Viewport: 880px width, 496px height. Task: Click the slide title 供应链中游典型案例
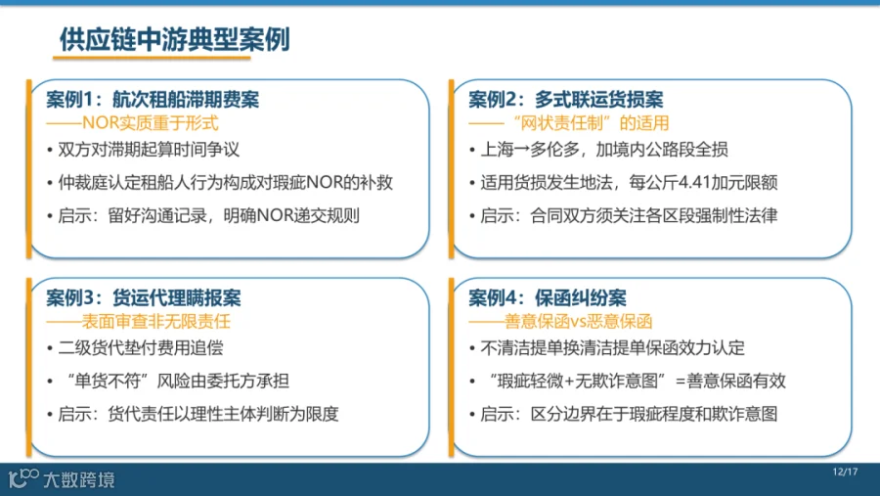click(175, 39)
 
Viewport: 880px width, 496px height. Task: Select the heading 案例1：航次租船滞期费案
click(153, 100)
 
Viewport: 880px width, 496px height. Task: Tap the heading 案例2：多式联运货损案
click(566, 100)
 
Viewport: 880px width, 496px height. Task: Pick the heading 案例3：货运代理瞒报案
click(144, 297)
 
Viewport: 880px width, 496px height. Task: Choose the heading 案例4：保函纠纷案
click(548, 297)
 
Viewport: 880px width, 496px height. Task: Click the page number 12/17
click(845, 472)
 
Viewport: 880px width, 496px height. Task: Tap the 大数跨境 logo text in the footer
click(79, 479)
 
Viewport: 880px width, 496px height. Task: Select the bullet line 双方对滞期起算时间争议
click(149, 150)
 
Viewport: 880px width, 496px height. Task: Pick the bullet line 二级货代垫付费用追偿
click(141, 347)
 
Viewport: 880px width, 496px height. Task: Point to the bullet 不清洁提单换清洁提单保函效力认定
click(612, 347)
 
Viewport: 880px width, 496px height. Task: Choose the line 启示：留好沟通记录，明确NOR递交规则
click(209, 215)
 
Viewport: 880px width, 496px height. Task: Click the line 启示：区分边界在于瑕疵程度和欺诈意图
click(629, 414)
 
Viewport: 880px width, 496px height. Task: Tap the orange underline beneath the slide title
click(152, 58)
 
